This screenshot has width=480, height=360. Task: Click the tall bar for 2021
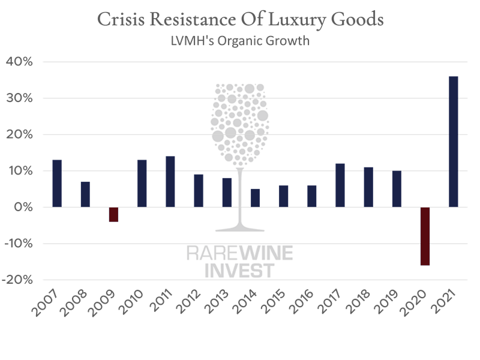tap(454, 142)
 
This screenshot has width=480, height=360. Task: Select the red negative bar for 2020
tap(425, 236)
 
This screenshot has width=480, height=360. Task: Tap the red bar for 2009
tap(113, 214)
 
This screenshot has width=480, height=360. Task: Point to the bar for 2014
tap(255, 197)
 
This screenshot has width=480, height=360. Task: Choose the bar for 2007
tap(57, 183)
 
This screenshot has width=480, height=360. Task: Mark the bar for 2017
tap(340, 185)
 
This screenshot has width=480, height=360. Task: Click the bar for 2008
tap(85, 194)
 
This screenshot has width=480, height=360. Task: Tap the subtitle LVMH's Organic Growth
tap(240, 43)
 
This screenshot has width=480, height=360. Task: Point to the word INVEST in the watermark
tap(240, 270)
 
